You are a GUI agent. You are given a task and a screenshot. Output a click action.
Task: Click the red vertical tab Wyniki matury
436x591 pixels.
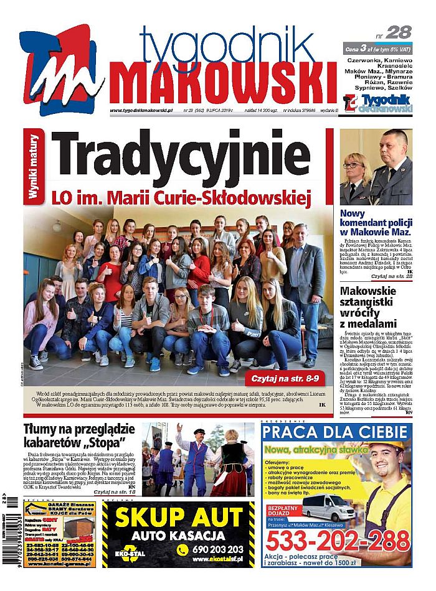tap(35, 167)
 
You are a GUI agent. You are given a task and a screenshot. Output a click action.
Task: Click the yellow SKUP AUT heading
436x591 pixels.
tap(178, 518)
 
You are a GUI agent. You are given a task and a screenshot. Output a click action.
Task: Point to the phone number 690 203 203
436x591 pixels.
tap(218, 549)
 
